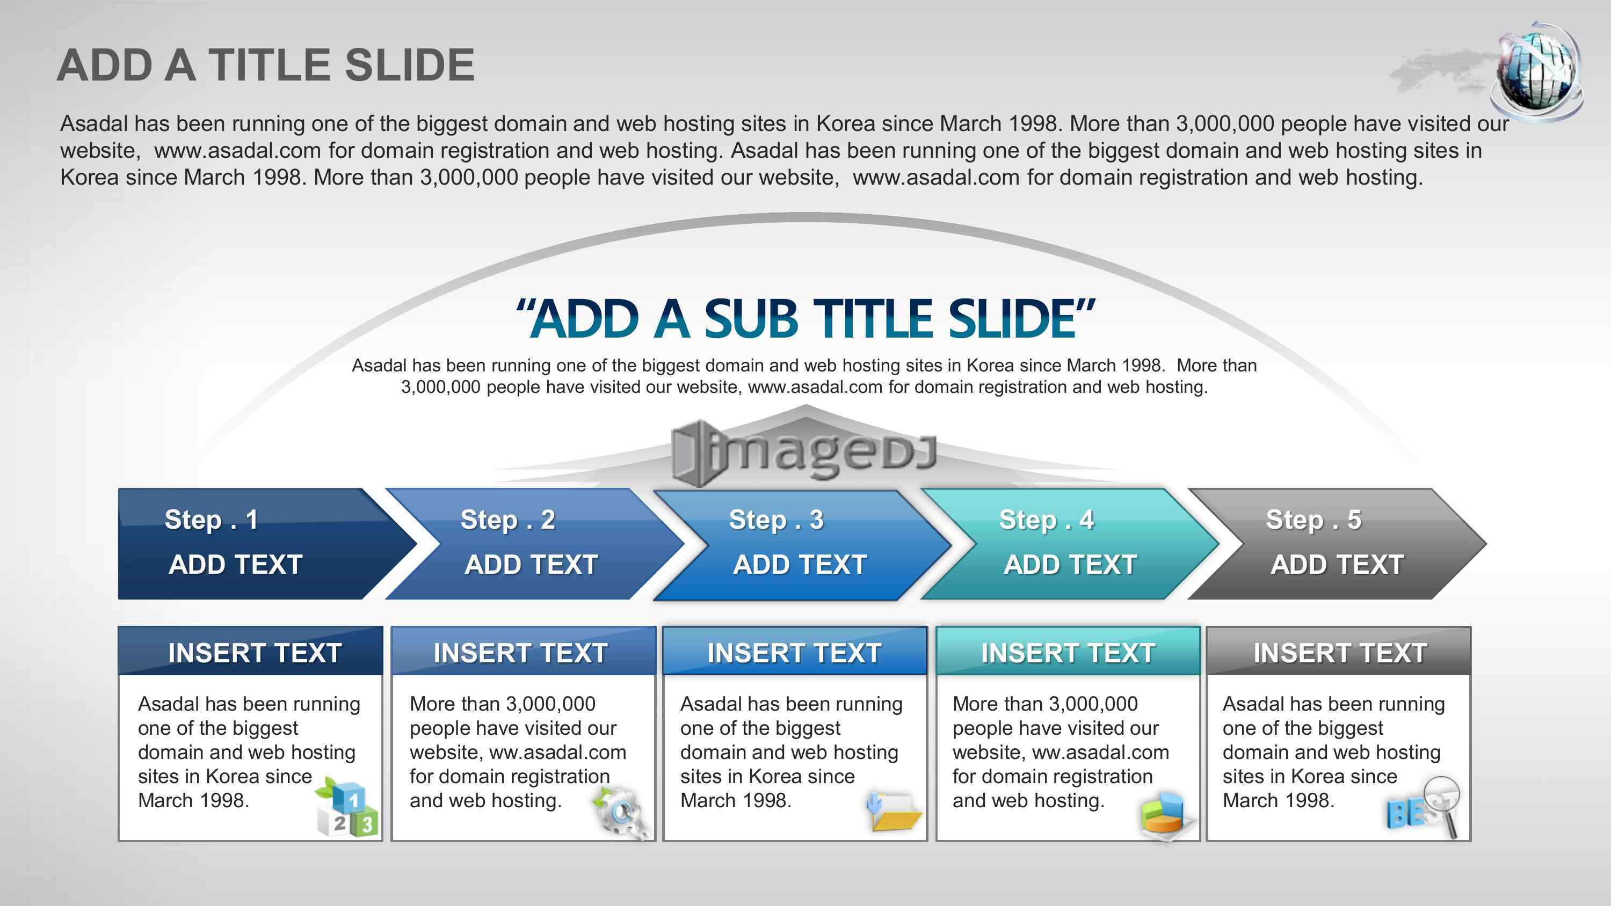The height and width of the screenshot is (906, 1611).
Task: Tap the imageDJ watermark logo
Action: tap(804, 451)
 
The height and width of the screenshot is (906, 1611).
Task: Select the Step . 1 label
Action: tap(212, 520)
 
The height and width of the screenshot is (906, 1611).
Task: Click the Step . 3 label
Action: tap(776, 520)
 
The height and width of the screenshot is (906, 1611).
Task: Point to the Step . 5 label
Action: tap(1314, 520)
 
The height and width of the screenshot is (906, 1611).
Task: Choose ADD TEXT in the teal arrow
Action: tap(1070, 565)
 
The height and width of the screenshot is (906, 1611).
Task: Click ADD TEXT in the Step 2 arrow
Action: tap(531, 565)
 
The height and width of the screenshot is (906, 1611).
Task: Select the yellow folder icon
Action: tap(894, 812)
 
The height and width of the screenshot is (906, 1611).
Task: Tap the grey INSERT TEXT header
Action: tap(1339, 652)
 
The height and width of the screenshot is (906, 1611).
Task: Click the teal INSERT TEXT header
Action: tap(1068, 652)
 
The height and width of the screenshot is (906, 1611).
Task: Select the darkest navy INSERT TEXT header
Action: tap(250, 652)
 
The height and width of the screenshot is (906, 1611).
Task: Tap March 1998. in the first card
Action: tap(193, 800)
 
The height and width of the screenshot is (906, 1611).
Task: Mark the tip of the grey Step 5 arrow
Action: tap(1486, 544)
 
